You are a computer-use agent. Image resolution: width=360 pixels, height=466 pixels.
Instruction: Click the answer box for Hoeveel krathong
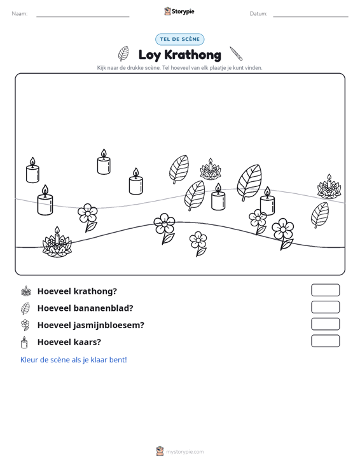point(325,290)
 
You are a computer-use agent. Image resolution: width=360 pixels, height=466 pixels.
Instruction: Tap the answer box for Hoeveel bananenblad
point(325,307)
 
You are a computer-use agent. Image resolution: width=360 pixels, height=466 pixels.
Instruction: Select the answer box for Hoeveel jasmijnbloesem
point(325,324)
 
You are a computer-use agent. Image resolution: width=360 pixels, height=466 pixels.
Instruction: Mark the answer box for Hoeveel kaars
point(325,341)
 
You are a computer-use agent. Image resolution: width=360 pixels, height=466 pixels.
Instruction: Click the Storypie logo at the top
point(179,11)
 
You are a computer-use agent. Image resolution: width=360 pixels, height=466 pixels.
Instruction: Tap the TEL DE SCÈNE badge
point(179,39)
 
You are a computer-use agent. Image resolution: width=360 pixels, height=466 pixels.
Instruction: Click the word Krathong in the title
point(193,55)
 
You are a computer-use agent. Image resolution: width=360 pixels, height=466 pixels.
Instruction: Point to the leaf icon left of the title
point(123,53)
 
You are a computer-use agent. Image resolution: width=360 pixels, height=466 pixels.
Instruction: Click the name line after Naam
point(83,17)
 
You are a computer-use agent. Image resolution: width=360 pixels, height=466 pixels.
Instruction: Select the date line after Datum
point(310,17)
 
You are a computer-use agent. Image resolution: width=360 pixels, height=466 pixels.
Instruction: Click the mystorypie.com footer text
point(184,452)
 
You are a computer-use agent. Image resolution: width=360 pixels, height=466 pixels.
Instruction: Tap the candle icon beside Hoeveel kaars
point(24,343)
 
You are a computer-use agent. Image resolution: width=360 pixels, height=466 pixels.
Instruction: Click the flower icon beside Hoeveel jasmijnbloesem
point(25,325)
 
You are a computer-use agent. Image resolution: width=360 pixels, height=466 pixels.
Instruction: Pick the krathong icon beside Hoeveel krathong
point(26,291)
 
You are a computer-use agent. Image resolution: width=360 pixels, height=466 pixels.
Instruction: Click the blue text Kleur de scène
point(73,360)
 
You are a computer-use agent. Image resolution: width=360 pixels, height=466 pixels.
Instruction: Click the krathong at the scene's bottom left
point(57,242)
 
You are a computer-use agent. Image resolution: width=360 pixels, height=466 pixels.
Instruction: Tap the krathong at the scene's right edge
point(329,187)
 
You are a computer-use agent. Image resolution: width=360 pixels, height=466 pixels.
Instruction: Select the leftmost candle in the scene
point(32,170)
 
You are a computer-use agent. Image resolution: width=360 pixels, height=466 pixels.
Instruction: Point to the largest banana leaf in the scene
point(249,182)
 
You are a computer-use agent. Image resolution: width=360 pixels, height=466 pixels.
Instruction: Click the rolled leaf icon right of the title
point(236,53)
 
